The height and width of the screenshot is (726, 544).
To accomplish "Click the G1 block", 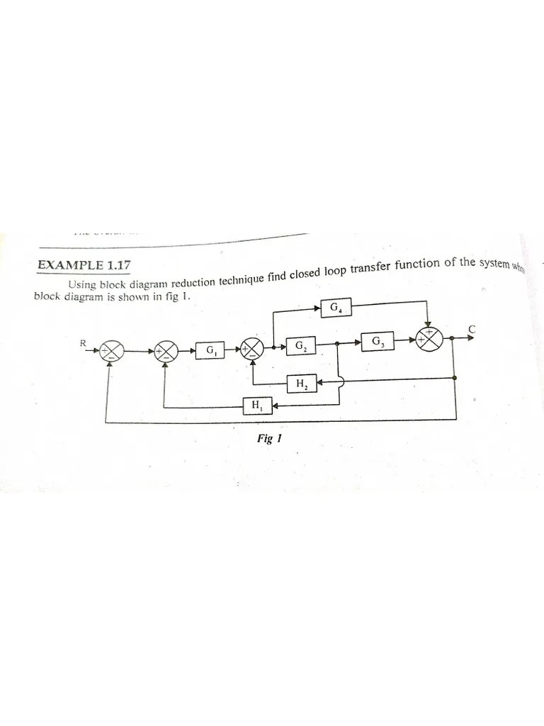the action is (x=212, y=350).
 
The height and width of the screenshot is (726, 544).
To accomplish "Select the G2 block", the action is (x=301, y=347).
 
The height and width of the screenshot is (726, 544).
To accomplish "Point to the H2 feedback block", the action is (x=301, y=384).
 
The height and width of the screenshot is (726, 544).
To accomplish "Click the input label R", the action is (x=83, y=343).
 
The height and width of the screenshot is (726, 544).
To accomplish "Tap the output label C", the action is (x=471, y=328).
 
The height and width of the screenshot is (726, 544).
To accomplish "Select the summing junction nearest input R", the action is (x=111, y=350).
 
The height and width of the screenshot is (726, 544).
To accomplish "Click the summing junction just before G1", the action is (x=169, y=350).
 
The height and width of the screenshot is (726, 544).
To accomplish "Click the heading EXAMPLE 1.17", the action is (x=84, y=267).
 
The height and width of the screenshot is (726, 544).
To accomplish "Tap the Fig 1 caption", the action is (x=269, y=439).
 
